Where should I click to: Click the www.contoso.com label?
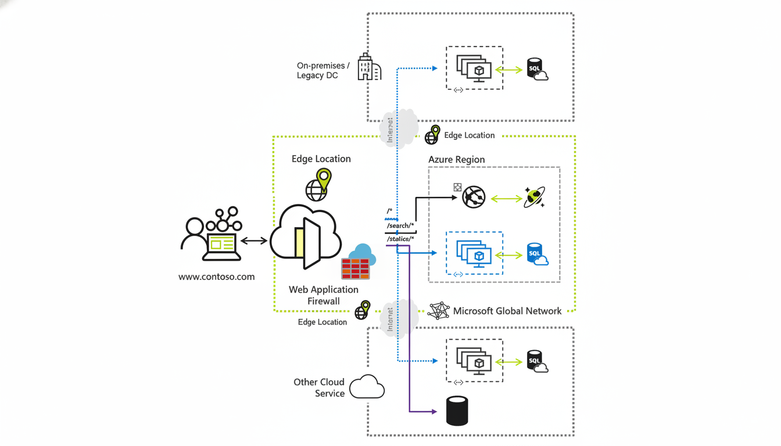coord(216,277)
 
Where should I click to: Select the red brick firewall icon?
coord(356,268)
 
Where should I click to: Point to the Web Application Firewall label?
coord(324,295)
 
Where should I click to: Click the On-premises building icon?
coord(369,67)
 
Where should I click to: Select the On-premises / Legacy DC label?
coord(323,71)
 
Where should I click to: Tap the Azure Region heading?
coord(456,160)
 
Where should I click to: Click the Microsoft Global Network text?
coord(507,311)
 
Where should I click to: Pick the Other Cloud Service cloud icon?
coord(367,387)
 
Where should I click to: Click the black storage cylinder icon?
coord(457,411)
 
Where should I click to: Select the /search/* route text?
coord(400,225)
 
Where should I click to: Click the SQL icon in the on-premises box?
coord(536,69)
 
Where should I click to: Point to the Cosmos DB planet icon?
coord(534,197)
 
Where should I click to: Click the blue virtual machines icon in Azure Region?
coord(474,254)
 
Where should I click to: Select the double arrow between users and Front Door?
coord(254,240)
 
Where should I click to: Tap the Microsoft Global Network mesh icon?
coord(439,311)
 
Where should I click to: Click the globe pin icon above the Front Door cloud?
coord(318,185)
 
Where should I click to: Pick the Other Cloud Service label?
coord(319,387)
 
